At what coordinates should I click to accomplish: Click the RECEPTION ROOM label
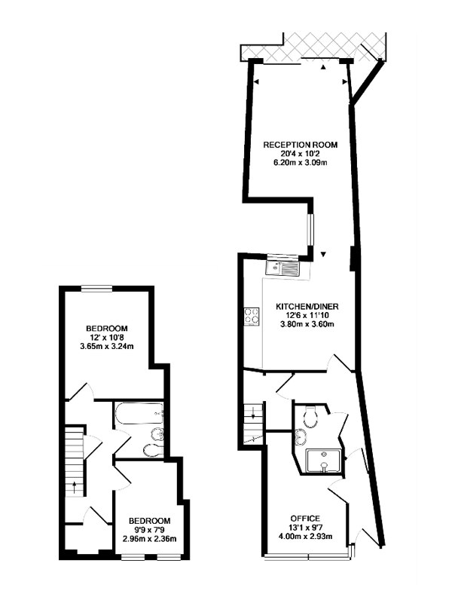tap(300, 145)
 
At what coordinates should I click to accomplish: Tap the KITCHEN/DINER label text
tap(307, 307)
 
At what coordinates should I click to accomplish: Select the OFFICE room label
tap(305, 519)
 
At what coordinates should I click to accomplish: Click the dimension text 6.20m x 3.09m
tap(300, 163)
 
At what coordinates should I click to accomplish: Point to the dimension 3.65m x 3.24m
tap(106, 347)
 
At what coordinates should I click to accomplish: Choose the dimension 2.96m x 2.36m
tap(149, 539)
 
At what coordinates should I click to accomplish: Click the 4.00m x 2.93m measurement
tap(305, 536)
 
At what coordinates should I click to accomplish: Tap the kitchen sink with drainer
tap(282, 268)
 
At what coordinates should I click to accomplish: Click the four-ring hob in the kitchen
tap(252, 316)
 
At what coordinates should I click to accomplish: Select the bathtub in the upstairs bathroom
tap(139, 414)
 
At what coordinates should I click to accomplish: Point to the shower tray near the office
tap(323, 460)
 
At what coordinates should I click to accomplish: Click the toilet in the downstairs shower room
tap(310, 416)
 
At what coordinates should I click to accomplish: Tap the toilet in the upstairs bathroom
tap(152, 449)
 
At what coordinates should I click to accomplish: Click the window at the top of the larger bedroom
tap(97, 289)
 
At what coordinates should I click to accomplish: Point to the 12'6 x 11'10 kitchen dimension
tap(307, 315)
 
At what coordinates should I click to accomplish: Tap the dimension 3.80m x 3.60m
tap(307, 324)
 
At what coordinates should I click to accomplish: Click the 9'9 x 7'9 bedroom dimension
tap(149, 530)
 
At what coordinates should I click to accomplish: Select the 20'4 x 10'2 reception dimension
tap(300, 154)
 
